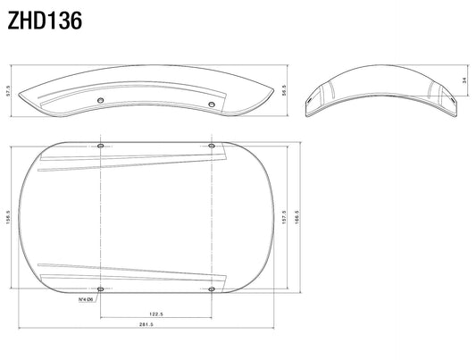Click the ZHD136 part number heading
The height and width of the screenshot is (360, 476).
[x=45, y=21]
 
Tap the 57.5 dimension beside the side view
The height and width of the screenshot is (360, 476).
[x=8, y=90]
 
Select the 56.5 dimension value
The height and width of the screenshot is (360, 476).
[x=284, y=90]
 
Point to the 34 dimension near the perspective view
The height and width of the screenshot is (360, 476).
[x=464, y=80]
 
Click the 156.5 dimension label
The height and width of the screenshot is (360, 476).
[x=8, y=217]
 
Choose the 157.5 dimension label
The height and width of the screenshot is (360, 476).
[x=284, y=217]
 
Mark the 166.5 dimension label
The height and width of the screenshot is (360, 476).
[x=296, y=217]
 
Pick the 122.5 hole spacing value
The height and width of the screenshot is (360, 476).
[x=156, y=314]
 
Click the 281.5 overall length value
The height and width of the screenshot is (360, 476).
[x=146, y=324]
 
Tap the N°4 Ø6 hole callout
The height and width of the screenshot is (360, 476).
[x=86, y=299]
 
